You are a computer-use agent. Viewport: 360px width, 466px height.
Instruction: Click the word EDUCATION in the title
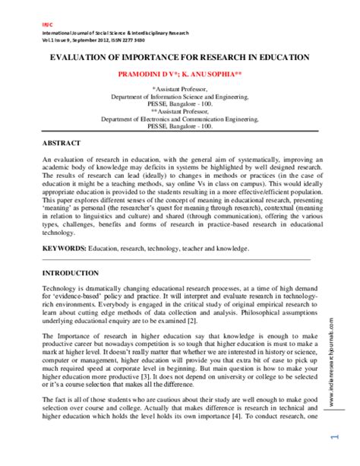[x=280, y=57]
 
